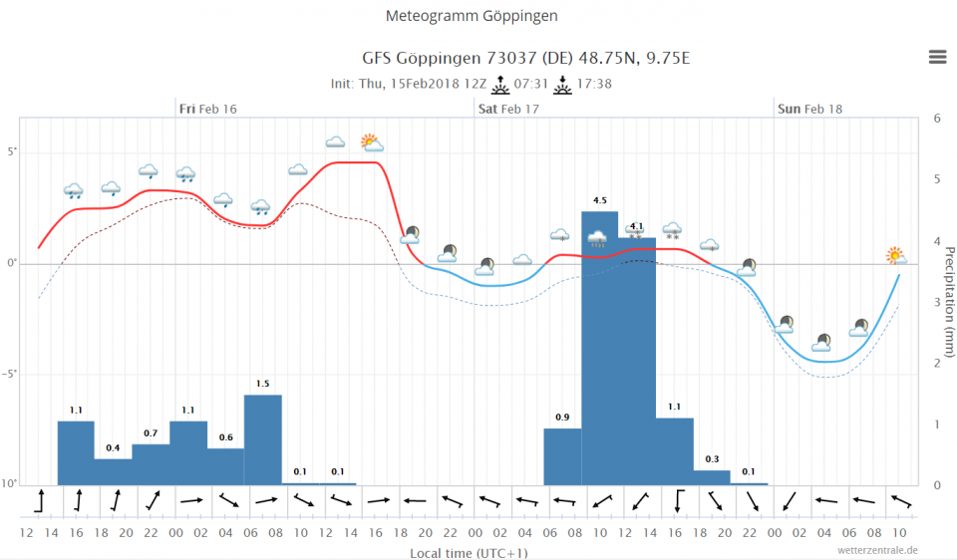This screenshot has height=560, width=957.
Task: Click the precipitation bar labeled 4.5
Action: point(600,348)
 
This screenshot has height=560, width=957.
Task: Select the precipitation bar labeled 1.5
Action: point(263,439)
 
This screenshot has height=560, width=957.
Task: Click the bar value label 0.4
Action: point(113,447)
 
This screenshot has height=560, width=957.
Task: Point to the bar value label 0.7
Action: point(151,432)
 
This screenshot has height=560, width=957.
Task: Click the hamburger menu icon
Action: point(937,57)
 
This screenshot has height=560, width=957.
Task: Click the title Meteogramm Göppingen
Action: point(472,16)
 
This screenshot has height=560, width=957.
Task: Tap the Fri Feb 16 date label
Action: point(208,109)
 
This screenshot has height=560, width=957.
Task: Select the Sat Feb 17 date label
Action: point(508,109)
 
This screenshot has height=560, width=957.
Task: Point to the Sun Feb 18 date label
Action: point(809,109)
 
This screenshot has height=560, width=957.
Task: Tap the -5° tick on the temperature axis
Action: point(10,374)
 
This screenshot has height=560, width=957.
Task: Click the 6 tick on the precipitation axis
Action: point(936,118)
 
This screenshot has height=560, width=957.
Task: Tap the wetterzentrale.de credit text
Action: point(878,549)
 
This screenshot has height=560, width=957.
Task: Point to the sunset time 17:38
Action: point(595,83)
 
